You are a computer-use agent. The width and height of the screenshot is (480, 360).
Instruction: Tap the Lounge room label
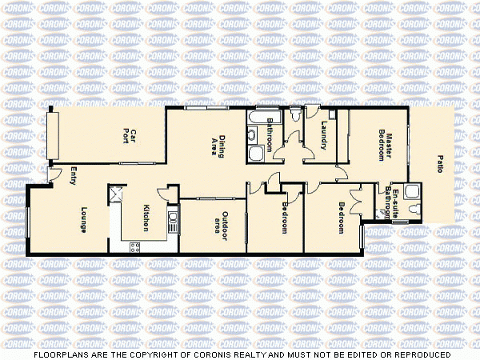click(83, 220)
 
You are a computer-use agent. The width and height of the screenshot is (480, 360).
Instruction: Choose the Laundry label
click(324, 135)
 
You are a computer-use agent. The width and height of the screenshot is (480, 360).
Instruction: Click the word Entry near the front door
click(73, 175)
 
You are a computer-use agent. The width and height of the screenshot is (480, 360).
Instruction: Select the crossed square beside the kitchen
click(116, 192)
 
